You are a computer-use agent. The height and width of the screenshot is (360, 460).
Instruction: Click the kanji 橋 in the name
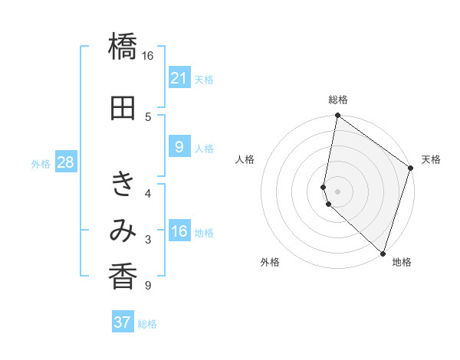click(x=123, y=47)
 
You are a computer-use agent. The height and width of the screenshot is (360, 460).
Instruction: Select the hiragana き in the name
click(x=123, y=185)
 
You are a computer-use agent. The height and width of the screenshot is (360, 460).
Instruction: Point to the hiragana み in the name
click(x=123, y=231)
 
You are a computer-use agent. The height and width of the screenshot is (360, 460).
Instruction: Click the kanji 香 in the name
click(x=123, y=276)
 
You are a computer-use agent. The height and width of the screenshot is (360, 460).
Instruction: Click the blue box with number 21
click(x=179, y=77)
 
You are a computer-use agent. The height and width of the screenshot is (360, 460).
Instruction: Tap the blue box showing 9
click(x=179, y=147)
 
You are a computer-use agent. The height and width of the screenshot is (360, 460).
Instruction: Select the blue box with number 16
click(x=179, y=231)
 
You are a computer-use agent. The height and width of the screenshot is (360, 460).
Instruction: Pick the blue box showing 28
click(x=64, y=162)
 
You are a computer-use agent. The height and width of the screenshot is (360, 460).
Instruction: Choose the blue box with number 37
click(x=122, y=322)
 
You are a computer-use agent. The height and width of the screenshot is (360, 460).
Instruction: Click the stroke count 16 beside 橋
click(x=148, y=56)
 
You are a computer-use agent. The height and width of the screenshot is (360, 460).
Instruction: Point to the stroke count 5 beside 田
click(x=148, y=116)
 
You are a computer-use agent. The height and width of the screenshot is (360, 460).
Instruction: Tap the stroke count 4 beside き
click(x=148, y=192)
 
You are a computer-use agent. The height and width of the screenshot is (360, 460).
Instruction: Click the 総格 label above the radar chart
click(x=337, y=100)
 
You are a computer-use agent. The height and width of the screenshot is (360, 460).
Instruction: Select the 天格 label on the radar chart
click(x=431, y=159)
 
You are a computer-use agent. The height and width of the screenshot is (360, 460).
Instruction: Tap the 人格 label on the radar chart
click(x=245, y=159)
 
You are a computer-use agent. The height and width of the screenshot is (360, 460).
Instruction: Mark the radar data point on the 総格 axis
click(x=337, y=116)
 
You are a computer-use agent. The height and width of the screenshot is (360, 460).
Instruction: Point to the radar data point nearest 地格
click(x=383, y=253)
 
